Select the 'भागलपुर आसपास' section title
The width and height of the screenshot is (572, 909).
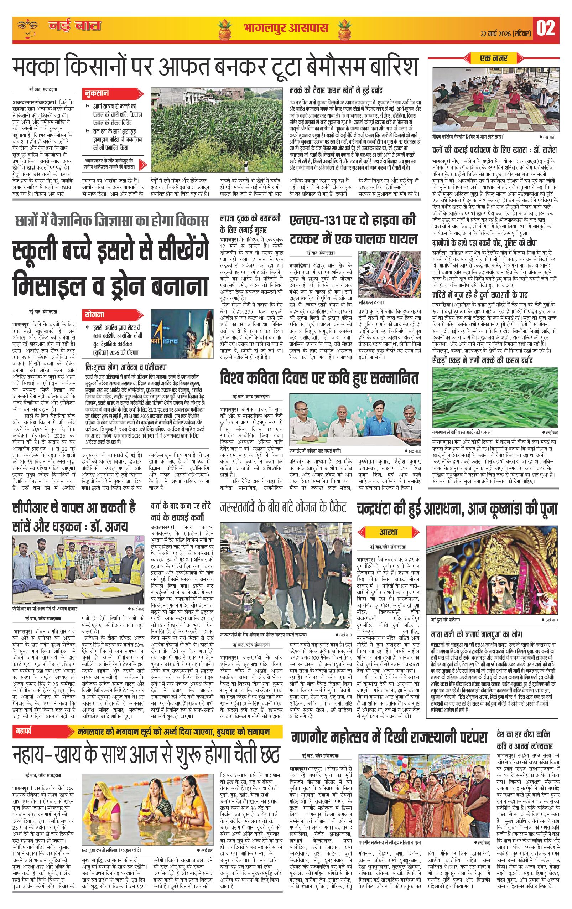click(x=285, y=28)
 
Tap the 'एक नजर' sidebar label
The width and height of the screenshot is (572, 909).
click(x=493, y=58)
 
